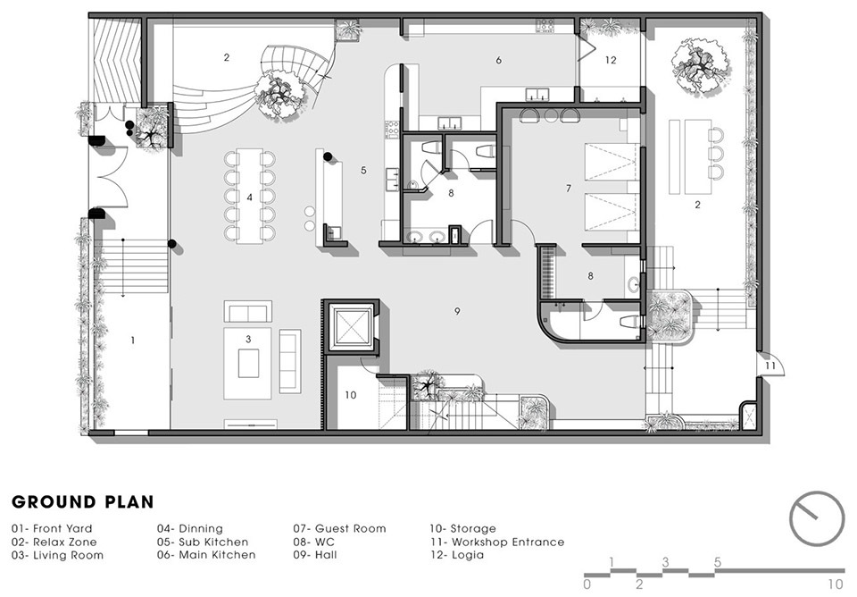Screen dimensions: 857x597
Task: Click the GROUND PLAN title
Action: [82, 501]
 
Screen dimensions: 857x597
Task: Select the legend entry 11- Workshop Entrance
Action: [496, 542]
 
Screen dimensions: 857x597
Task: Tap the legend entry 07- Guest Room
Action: [339, 528]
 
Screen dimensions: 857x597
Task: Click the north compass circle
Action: [817, 518]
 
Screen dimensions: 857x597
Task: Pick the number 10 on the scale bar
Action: [836, 584]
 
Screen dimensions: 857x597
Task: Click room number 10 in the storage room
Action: [350, 394]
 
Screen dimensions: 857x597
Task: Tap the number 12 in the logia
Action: [611, 60]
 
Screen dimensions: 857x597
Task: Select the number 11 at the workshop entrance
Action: [770, 366]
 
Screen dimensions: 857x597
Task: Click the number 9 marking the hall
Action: [457, 311]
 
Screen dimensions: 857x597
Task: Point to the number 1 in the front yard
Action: [133, 341]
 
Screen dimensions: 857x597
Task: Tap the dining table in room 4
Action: [249, 196]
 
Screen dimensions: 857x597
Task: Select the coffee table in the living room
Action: [248, 364]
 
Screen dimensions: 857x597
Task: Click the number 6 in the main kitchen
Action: [498, 60]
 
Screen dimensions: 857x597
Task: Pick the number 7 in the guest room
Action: [569, 189]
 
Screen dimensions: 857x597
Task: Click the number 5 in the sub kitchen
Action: [363, 171]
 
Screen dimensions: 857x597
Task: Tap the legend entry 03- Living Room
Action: [57, 555]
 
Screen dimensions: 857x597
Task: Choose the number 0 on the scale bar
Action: [587, 584]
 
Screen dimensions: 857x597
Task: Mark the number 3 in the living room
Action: [248, 340]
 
